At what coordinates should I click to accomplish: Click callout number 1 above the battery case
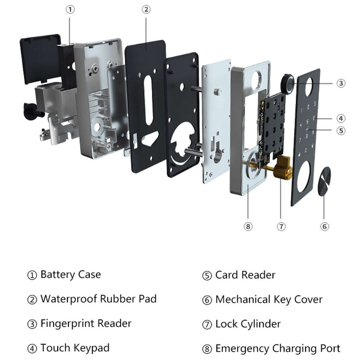click(x=70, y=10)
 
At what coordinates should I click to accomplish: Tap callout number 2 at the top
click(x=146, y=10)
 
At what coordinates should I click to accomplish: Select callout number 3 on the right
click(x=340, y=83)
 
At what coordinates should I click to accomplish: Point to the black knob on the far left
click(x=30, y=111)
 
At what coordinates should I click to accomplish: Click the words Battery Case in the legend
click(x=70, y=274)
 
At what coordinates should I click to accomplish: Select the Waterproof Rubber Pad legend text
click(x=98, y=299)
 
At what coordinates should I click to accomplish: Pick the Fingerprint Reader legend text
click(x=86, y=323)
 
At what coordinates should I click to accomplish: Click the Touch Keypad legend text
click(x=75, y=348)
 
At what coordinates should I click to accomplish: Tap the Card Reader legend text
click(x=245, y=275)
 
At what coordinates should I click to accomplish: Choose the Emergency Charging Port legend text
click(x=277, y=348)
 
